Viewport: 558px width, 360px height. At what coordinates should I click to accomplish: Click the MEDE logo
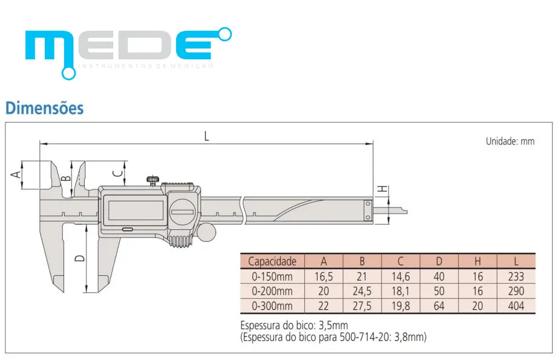point(128,53)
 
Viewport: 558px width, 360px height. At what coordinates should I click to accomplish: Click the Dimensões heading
point(45,108)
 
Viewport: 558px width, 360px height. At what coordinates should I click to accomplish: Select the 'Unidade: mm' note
point(510,141)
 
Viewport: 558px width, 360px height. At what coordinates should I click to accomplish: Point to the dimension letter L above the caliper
point(207,136)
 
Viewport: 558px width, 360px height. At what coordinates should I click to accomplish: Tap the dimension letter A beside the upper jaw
point(16,174)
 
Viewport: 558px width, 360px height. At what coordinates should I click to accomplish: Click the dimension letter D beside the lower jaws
point(80,258)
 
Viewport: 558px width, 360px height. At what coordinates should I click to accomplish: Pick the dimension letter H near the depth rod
point(382,189)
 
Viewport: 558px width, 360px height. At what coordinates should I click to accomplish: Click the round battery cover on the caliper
point(182,212)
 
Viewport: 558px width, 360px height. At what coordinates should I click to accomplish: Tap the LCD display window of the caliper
point(135,210)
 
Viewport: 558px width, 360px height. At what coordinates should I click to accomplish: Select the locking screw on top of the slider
point(153,180)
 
